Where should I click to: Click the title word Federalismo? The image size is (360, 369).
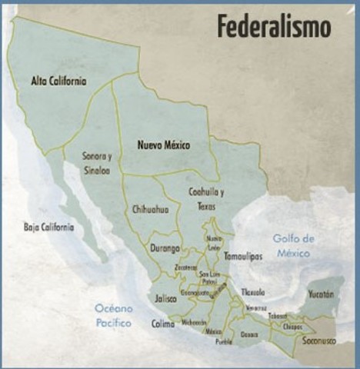tap(273, 27)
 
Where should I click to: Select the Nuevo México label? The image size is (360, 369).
tap(162, 145)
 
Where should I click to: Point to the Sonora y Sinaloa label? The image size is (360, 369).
tap(96, 164)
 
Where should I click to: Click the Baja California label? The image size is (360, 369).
tap(48, 227)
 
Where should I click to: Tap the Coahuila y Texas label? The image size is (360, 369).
tap(206, 198)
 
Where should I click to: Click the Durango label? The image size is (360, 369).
tap(165, 248)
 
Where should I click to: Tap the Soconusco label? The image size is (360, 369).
tap(319, 339)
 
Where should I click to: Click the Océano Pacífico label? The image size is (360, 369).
tap(114, 315)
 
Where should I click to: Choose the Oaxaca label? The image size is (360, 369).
tap(249, 334)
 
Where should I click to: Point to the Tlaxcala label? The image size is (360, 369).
tap(252, 292)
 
